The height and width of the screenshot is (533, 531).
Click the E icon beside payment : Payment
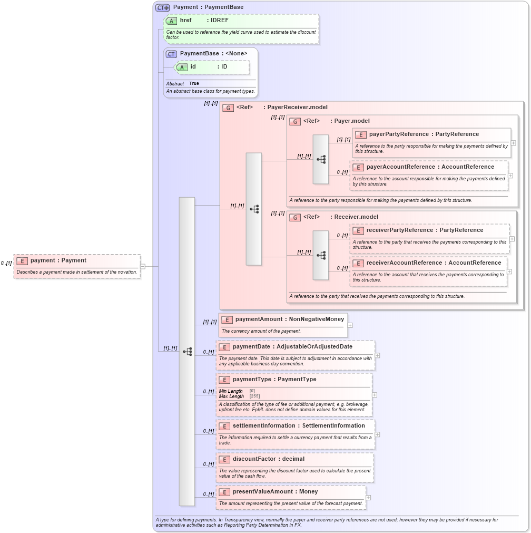click(x=22, y=261)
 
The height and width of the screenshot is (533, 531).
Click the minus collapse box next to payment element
click(x=143, y=266)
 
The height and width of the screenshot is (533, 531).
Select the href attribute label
click(x=185, y=21)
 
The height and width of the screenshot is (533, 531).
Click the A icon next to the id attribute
click(x=182, y=67)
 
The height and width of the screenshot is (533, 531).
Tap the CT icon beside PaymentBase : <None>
click(x=172, y=54)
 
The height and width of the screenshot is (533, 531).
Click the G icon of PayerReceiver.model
click(x=228, y=108)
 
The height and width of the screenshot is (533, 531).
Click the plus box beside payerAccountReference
click(x=510, y=176)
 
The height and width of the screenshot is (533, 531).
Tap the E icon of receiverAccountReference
click(x=358, y=263)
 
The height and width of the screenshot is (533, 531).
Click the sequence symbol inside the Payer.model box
click(x=321, y=159)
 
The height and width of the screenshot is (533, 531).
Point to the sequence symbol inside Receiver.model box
click(x=321, y=255)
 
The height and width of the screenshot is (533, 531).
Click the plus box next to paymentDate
click(x=377, y=355)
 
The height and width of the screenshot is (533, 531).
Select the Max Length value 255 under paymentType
click(x=254, y=396)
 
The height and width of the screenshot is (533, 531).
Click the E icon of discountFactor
click(x=224, y=459)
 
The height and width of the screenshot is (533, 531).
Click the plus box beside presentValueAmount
click(x=368, y=498)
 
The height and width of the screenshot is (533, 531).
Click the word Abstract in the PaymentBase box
click(x=175, y=84)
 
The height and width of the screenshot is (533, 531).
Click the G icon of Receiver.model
click(x=295, y=218)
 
